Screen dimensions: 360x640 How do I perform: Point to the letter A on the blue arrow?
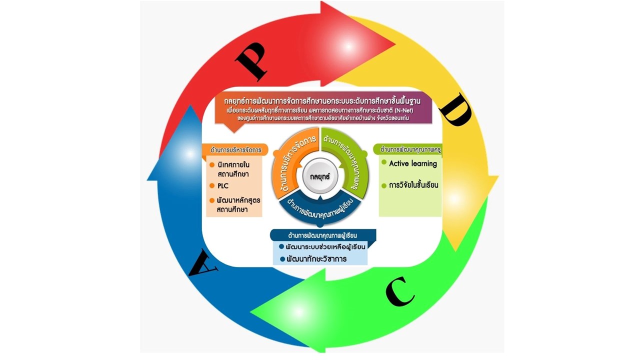(x=203, y=263)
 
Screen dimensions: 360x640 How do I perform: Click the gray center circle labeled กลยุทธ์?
(x=320, y=175)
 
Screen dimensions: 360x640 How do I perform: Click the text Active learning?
(x=412, y=163)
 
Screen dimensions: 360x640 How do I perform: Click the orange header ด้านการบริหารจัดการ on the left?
(x=235, y=149)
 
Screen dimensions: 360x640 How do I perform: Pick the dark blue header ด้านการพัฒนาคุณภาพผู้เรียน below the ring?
(x=323, y=235)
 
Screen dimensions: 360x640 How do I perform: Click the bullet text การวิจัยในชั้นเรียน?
(x=413, y=185)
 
